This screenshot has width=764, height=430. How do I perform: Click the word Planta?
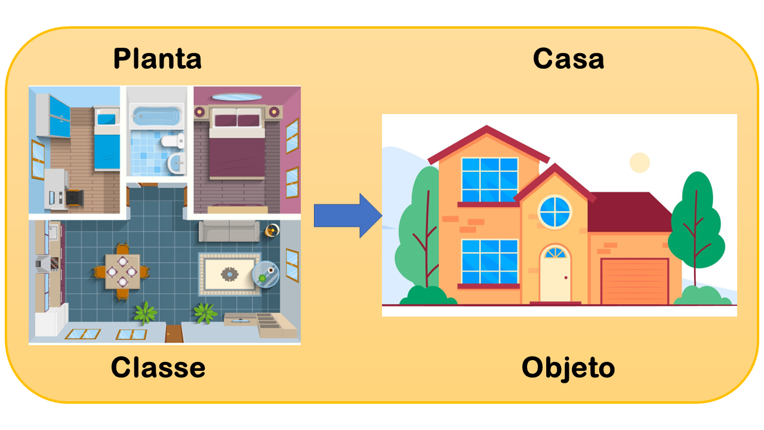[157, 59]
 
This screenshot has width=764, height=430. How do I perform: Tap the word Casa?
[568, 59]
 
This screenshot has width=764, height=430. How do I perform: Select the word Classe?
[158, 367]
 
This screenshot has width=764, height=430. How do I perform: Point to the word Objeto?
[568, 367]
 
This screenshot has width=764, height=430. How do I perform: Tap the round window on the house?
[554, 212]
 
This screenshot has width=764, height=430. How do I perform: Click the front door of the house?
[555, 275]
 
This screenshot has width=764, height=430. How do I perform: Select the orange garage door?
[634, 281]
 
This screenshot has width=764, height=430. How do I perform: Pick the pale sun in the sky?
[639, 162]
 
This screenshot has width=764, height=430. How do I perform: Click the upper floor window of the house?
[489, 180]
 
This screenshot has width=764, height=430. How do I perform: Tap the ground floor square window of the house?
[489, 262]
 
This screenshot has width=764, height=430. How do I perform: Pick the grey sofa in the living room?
[229, 231]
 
